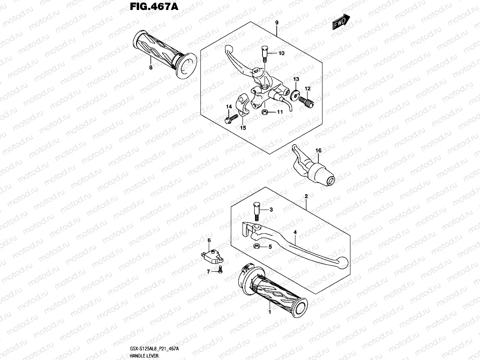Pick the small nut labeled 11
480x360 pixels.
pyautogui.click(x=264, y=112)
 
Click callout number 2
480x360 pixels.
pyautogui.click(x=306, y=196)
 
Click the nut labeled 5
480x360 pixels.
pyautogui.click(x=258, y=247)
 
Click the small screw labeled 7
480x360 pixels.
pyautogui.click(x=220, y=271)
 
